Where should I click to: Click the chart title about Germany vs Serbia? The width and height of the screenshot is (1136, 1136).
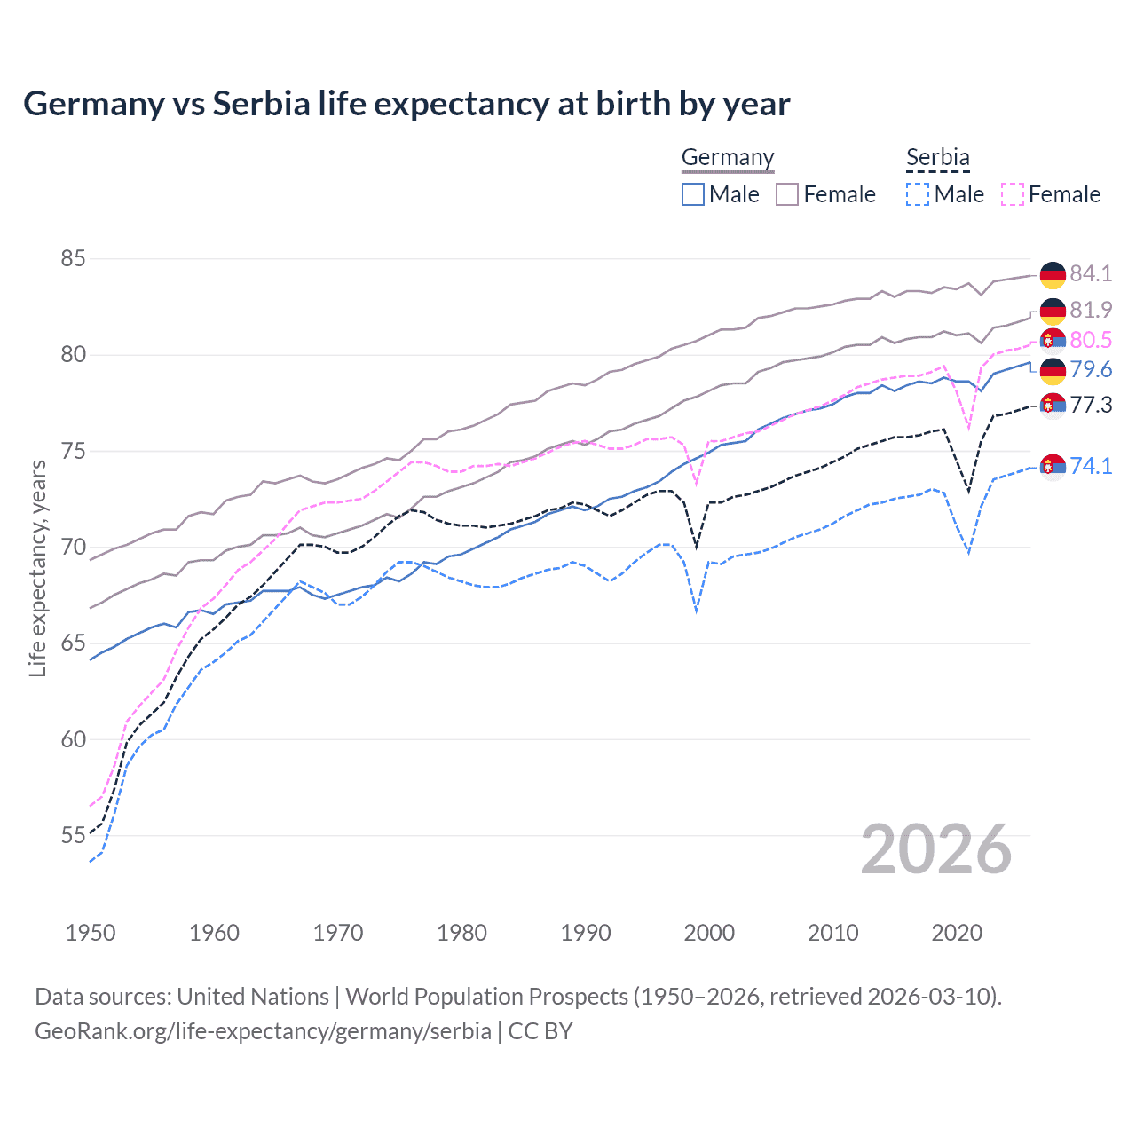(x=406, y=104)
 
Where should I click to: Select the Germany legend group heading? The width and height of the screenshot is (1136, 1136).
(x=728, y=158)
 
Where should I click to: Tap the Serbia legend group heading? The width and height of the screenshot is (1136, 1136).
(x=937, y=158)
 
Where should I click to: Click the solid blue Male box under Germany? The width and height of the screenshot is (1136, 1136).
(x=693, y=194)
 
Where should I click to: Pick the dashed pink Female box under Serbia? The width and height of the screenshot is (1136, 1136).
(x=1013, y=194)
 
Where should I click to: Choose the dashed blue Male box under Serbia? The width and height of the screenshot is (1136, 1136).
(x=918, y=194)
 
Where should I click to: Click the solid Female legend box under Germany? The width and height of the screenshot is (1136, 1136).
(x=787, y=194)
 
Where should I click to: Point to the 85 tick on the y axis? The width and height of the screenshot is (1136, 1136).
(x=73, y=259)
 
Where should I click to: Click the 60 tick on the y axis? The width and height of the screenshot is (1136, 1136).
(x=73, y=739)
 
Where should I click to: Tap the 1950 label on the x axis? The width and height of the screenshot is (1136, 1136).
(x=91, y=933)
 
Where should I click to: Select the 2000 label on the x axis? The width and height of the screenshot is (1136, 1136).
(x=709, y=933)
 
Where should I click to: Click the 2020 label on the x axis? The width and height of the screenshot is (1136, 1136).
(x=957, y=933)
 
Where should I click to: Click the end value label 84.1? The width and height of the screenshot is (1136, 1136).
(x=1091, y=273)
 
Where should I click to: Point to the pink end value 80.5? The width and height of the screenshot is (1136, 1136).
(x=1091, y=340)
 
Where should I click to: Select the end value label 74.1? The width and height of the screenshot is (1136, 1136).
(x=1091, y=466)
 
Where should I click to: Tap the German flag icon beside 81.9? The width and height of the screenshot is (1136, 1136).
(x=1053, y=311)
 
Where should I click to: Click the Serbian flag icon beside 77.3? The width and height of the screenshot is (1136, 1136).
(x=1053, y=406)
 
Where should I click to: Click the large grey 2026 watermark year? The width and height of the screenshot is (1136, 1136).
(x=936, y=849)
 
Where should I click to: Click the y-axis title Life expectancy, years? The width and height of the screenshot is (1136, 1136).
(x=37, y=568)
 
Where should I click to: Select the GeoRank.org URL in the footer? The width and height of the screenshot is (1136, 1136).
(x=263, y=1031)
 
